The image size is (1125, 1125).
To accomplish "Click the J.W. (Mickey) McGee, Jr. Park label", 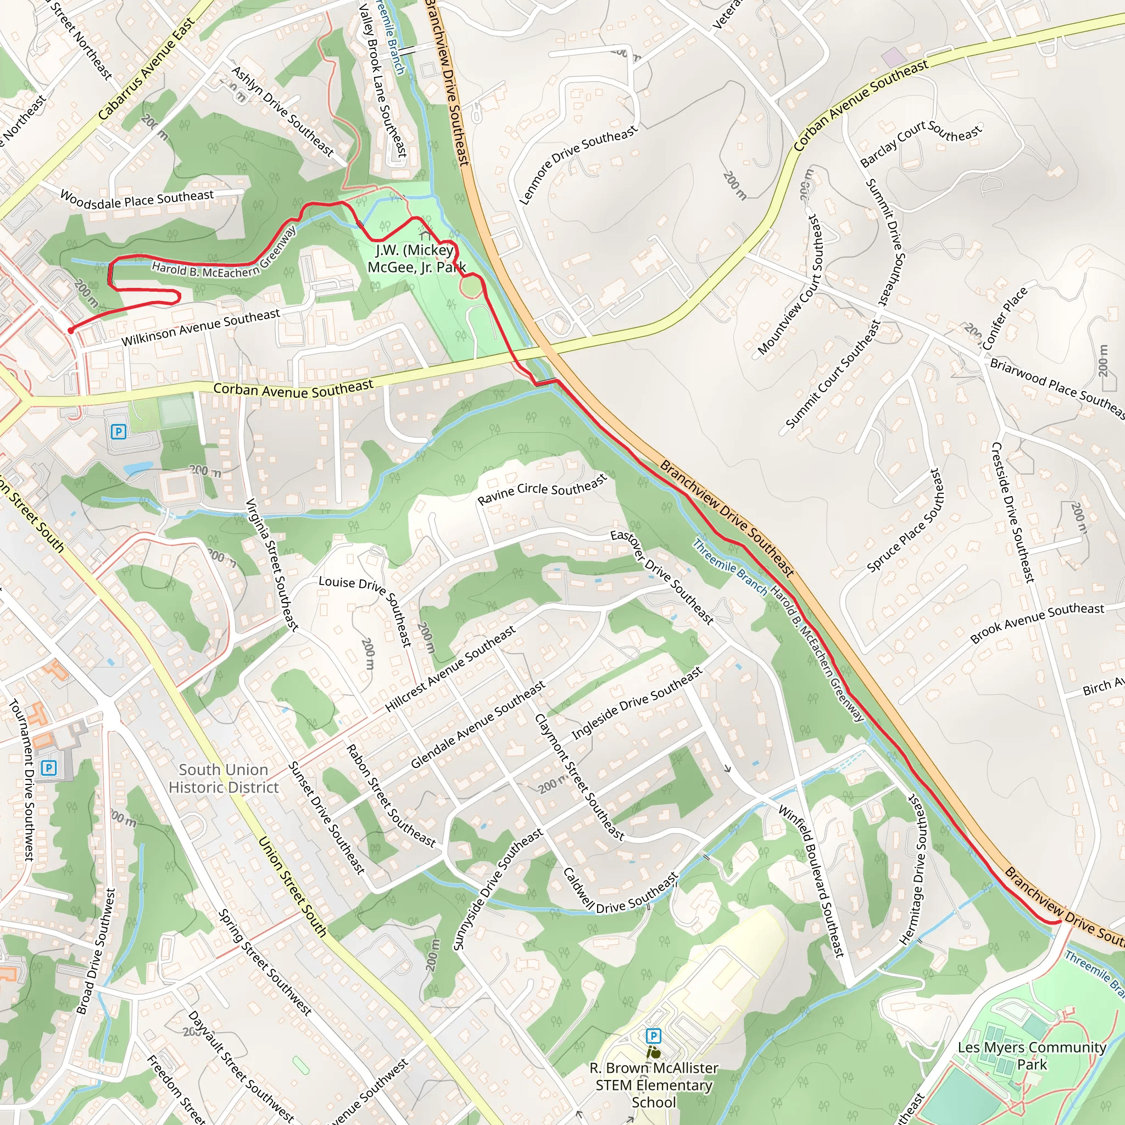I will pos(416,259).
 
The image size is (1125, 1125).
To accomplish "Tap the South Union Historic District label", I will pos(224,778).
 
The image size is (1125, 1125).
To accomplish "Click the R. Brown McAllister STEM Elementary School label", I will pos(653,1085).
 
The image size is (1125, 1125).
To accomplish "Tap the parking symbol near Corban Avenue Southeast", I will pos(118,431).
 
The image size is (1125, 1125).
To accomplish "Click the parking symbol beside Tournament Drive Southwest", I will pos(49,767).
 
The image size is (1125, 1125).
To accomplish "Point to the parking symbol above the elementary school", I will pos(653,1036).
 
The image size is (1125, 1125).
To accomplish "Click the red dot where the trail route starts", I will pos(70,330).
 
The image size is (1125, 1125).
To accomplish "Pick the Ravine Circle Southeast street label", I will pos(542,489).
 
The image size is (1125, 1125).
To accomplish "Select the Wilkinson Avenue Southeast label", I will pos(201,327).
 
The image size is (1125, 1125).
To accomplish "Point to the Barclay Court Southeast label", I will pos(921,143).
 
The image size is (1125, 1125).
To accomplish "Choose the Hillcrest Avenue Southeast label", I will pos(450,669).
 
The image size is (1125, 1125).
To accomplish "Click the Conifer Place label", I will pos(1005,318).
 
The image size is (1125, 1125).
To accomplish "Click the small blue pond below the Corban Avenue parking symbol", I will pos(138,467).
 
